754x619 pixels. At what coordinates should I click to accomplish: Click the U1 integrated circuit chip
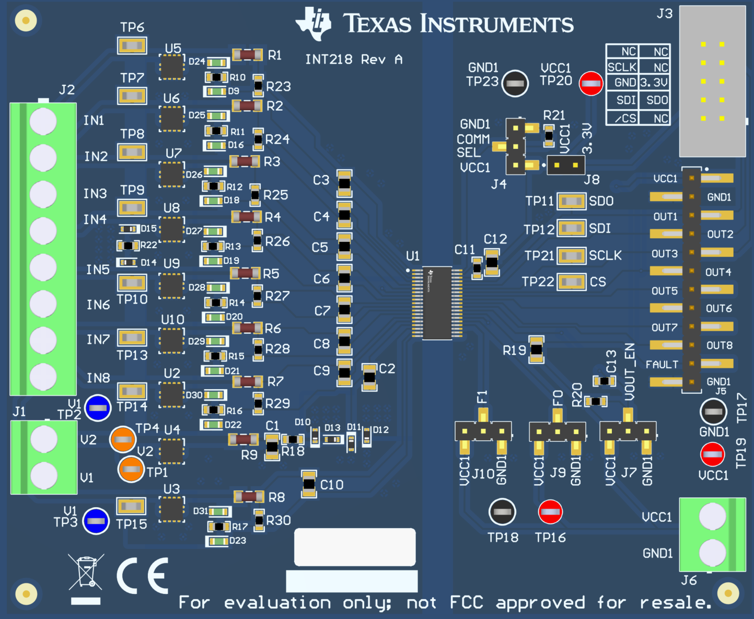(x=437, y=303)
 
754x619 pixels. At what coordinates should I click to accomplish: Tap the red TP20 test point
(x=591, y=83)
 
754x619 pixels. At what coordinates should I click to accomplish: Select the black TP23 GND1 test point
(x=515, y=83)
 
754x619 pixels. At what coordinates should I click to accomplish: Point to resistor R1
(x=247, y=54)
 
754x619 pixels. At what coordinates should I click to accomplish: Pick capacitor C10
(x=309, y=484)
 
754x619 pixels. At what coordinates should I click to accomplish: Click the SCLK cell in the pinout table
(x=622, y=67)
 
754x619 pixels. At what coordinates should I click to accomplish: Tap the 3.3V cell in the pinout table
(x=654, y=83)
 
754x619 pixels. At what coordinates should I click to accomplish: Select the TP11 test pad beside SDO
(x=571, y=201)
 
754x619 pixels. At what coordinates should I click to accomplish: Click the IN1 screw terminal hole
(x=43, y=121)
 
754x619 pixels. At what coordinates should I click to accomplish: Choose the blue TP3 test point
(x=96, y=521)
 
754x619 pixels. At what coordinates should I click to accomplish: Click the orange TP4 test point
(x=123, y=439)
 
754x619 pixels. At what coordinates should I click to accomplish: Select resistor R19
(x=536, y=349)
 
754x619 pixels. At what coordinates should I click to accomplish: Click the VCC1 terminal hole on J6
(x=712, y=516)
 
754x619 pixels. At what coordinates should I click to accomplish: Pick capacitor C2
(x=369, y=377)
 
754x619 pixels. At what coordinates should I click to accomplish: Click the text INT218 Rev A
(x=354, y=60)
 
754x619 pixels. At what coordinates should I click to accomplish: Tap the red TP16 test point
(x=550, y=512)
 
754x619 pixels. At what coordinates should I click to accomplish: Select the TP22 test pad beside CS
(x=571, y=282)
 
